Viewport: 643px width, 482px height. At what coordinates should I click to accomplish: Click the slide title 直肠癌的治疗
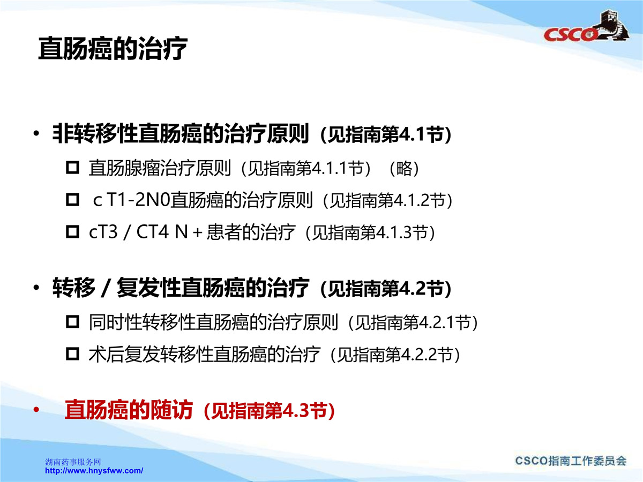(113, 49)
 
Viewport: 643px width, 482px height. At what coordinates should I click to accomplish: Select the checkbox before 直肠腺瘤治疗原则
(72, 168)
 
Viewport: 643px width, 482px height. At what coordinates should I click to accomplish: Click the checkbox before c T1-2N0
(72, 200)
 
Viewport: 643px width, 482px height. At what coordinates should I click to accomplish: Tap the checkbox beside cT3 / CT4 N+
(72, 232)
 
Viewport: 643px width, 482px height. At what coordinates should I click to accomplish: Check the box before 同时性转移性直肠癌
(72, 322)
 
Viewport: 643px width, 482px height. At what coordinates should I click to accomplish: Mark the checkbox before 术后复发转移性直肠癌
(72, 354)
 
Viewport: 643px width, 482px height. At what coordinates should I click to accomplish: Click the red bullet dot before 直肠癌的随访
(36, 410)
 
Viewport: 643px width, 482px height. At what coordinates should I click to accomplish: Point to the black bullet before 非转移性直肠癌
(36, 134)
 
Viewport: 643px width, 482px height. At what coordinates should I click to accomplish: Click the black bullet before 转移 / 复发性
(36, 288)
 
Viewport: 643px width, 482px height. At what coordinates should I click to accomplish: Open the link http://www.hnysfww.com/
(94, 471)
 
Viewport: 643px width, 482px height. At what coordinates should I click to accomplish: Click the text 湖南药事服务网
(73, 462)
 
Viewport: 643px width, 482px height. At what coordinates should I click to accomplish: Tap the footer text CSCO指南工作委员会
(571, 461)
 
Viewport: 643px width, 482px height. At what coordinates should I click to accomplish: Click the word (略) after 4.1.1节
(404, 169)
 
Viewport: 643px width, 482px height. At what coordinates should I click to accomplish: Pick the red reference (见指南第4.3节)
(269, 411)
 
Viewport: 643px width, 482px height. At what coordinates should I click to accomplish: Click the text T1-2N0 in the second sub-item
(139, 200)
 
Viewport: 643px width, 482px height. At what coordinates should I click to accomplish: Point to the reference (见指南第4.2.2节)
(395, 355)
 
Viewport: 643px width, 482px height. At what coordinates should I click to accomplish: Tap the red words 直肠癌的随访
(129, 410)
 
